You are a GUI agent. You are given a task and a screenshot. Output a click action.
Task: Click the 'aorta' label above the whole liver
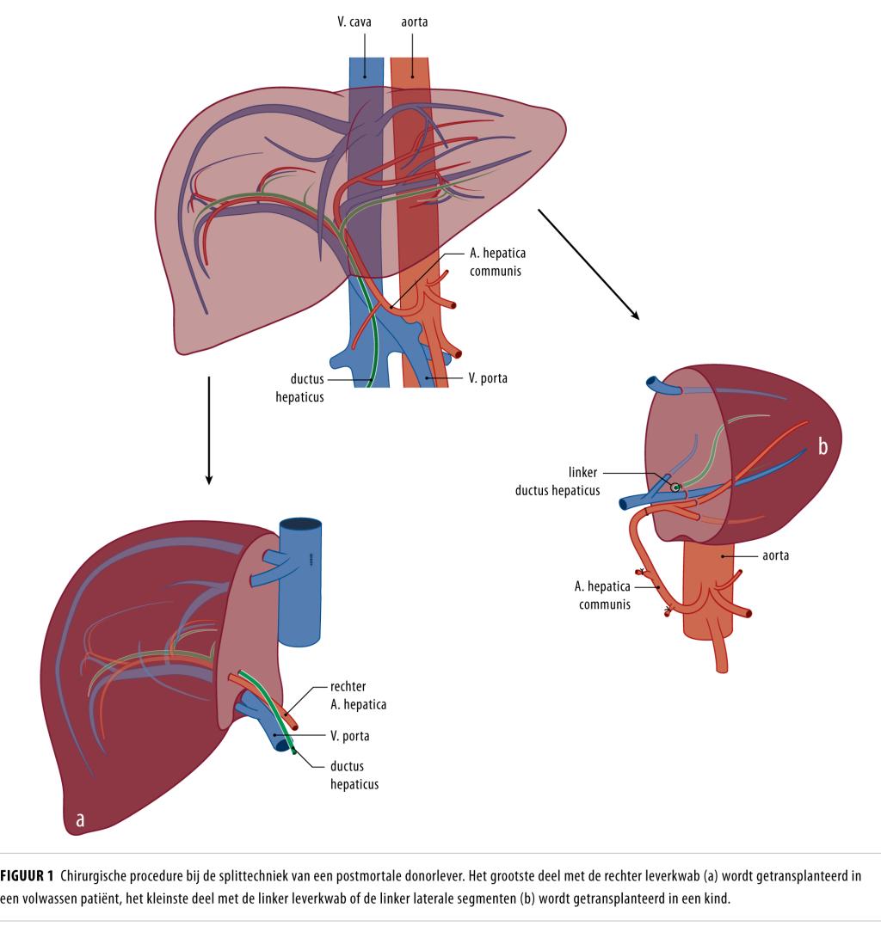414,21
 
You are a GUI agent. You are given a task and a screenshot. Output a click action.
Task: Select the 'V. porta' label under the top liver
489,377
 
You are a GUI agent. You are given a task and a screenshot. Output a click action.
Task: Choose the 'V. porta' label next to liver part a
349,736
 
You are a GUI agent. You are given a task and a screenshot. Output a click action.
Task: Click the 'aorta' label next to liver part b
775,556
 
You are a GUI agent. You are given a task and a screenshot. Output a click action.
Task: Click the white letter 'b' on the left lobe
822,448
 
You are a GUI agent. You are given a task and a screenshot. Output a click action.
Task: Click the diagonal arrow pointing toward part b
589,263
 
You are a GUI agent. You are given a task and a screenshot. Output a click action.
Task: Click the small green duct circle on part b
676,487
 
